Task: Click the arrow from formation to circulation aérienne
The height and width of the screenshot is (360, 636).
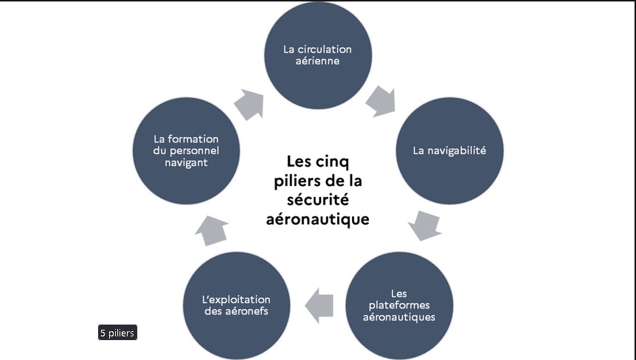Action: [250, 104]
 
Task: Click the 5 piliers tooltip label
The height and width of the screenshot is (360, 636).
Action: [117, 333]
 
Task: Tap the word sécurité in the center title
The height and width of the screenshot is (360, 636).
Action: [318, 200]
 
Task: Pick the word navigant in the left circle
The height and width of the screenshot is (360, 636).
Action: [186, 162]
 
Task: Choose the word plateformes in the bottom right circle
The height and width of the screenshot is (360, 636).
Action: [401, 305]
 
